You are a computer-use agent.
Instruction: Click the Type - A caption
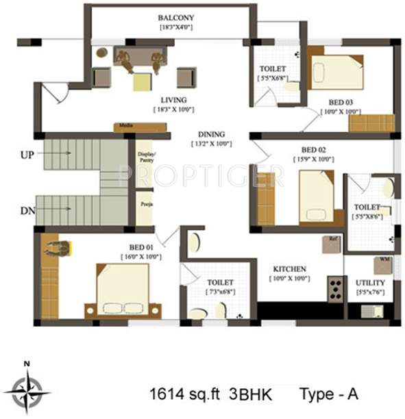click(x=328, y=394)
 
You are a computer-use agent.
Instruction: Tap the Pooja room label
click(x=145, y=204)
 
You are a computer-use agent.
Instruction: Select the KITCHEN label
click(x=289, y=269)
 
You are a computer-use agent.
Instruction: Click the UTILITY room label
click(x=370, y=282)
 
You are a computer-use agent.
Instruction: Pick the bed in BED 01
click(x=128, y=290)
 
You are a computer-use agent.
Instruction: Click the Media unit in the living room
click(x=140, y=127)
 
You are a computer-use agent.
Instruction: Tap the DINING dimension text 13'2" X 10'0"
click(x=211, y=144)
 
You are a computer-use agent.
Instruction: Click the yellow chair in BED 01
click(x=58, y=248)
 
